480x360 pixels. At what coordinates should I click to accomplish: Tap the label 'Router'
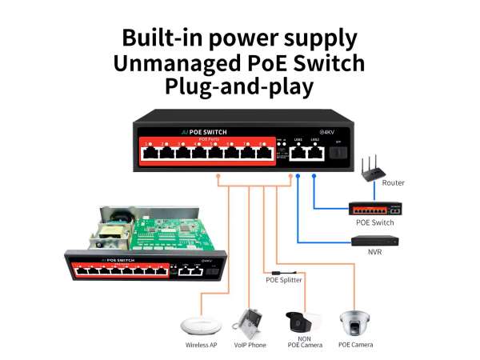click(x=393, y=183)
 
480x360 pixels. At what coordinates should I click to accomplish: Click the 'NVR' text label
click(x=374, y=252)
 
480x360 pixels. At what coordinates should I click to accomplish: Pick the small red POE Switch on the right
click(x=374, y=210)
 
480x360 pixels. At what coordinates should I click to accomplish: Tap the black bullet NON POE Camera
click(x=302, y=321)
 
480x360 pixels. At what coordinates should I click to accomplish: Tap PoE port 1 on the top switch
click(x=150, y=153)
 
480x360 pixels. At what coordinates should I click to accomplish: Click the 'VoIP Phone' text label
click(x=249, y=345)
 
